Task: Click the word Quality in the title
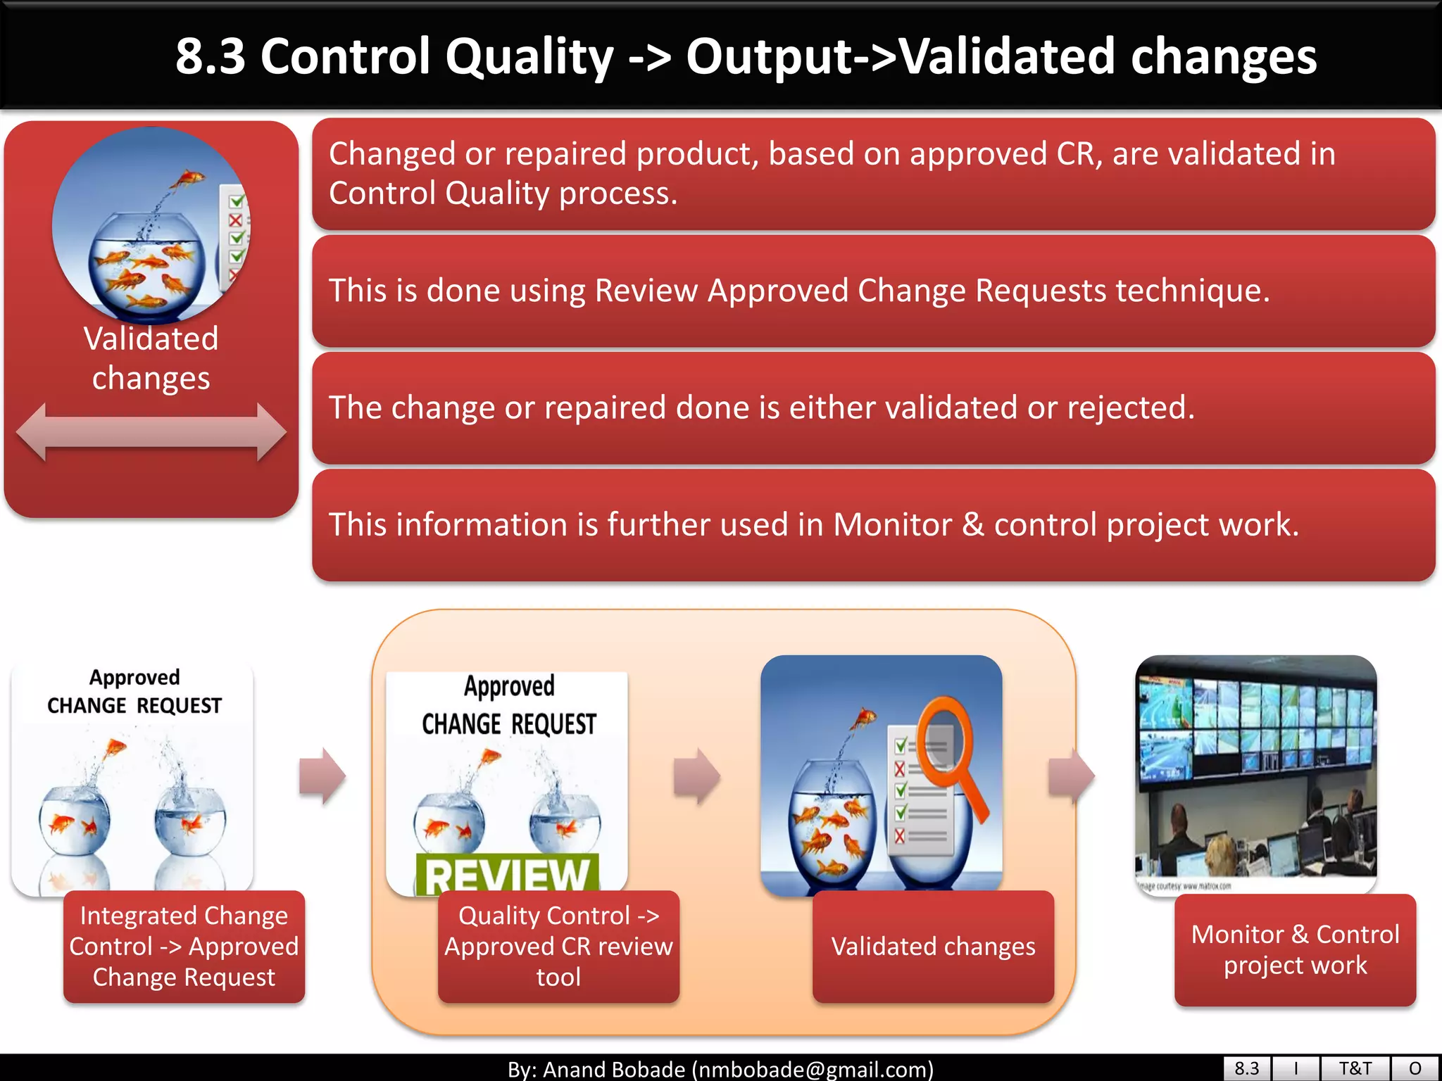(x=529, y=58)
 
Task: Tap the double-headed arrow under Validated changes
(x=151, y=432)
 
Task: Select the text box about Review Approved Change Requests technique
(x=873, y=291)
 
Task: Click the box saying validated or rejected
(x=873, y=408)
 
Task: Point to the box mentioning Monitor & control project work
(x=873, y=525)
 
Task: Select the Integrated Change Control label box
(x=184, y=947)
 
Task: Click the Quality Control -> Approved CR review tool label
(x=558, y=947)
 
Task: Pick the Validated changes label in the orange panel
(x=933, y=947)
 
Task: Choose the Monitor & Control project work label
(x=1295, y=949)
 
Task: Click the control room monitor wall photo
(x=1255, y=771)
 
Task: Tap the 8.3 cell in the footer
(x=1246, y=1068)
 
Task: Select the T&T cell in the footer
(x=1355, y=1068)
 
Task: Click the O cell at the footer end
(x=1415, y=1068)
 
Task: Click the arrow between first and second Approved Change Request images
(x=322, y=776)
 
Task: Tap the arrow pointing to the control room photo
(x=1071, y=776)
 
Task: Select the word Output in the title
(x=767, y=58)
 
